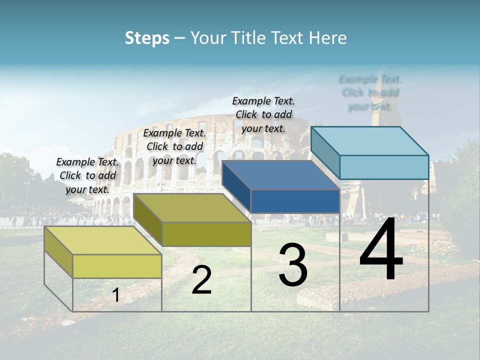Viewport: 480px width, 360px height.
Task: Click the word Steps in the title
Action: click(x=147, y=38)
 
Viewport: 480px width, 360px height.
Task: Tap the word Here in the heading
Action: click(x=327, y=38)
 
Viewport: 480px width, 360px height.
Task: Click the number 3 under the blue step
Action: click(x=293, y=265)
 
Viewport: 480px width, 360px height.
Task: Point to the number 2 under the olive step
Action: click(x=201, y=280)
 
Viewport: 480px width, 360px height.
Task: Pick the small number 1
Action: click(x=116, y=295)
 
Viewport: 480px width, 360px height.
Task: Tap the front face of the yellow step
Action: click(x=117, y=266)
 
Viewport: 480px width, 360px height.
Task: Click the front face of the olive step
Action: click(x=206, y=234)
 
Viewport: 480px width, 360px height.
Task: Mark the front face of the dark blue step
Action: click(x=295, y=201)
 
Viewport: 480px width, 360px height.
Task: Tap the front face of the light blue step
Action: click(x=384, y=167)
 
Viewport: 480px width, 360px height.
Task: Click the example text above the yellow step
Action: click(x=87, y=175)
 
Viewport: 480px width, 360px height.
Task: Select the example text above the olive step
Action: click(x=174, y=146)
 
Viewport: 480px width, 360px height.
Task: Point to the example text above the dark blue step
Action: click(x=263, y=114)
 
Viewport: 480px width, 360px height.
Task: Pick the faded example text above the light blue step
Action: click(x=370, y=92)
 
